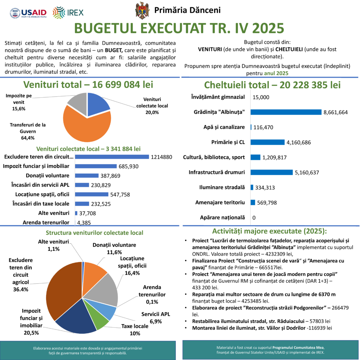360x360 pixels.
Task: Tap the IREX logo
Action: coord(68,13)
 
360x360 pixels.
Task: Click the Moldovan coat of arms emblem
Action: coord(142,11)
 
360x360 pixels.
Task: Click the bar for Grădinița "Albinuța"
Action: coord(286,112)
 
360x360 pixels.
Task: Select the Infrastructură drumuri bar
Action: coord(271,172)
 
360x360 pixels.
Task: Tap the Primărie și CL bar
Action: coord(267,142)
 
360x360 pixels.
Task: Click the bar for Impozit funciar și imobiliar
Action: coord(96,166)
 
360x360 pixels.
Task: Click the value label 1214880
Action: coord(161,157)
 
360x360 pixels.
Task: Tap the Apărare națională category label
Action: coord(222,218)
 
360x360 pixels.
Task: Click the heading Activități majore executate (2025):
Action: coord(269,231)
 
